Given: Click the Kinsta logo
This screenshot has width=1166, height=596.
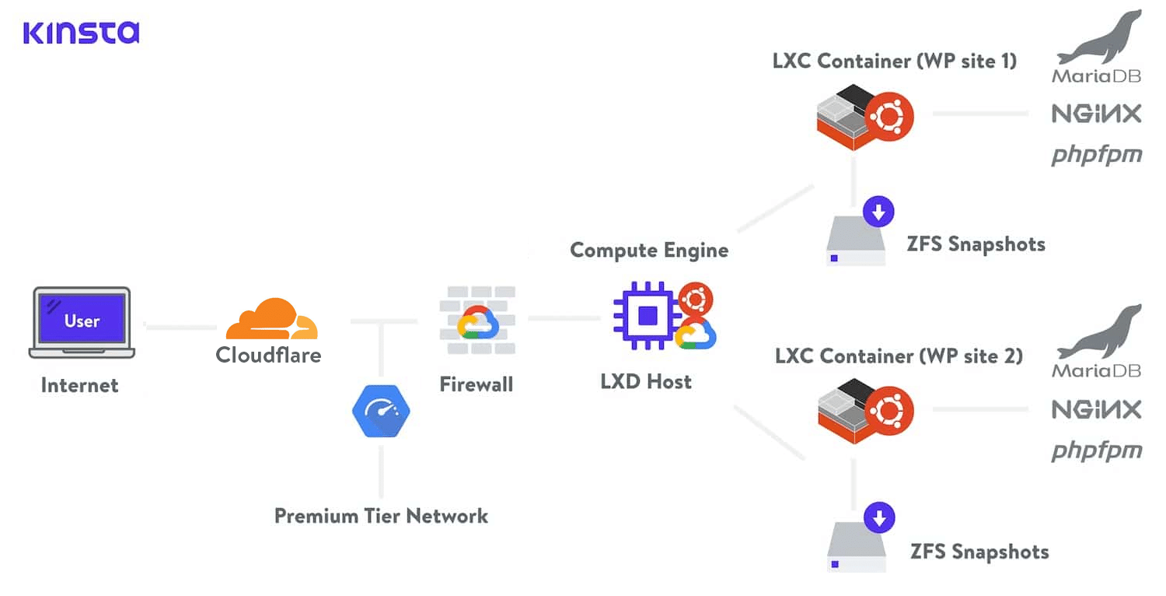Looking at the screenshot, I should coord(81,32).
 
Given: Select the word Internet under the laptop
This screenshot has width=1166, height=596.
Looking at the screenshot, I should coord(79,385).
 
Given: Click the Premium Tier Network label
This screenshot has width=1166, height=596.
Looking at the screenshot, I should coord(381,516).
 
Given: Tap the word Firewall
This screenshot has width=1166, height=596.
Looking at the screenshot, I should coord(476,384).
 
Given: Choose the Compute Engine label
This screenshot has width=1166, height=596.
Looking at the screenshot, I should coord(649,250).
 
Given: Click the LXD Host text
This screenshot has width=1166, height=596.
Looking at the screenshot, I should coord(646,381).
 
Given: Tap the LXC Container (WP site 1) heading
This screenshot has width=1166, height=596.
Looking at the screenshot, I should coord(894,61).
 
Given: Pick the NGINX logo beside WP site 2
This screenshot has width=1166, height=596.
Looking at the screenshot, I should coord(1096,409).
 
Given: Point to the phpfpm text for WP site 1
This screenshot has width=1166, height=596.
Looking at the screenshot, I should coord(1096,156).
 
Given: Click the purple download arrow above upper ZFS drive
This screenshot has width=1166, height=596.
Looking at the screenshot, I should coord(878,211).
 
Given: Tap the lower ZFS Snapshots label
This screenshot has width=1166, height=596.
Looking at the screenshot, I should coord(979,552).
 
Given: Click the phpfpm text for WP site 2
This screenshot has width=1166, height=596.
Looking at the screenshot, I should coord(1096,451).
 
